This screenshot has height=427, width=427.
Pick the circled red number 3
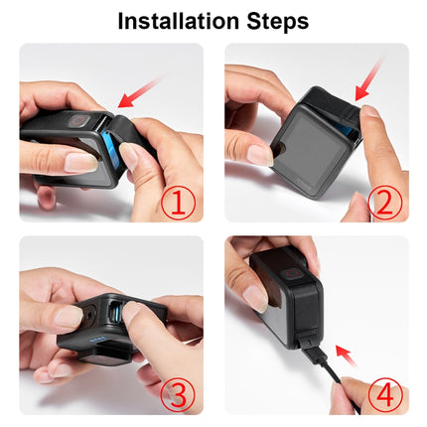pos(179,394)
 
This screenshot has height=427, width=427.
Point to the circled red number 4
pos(384,394)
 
